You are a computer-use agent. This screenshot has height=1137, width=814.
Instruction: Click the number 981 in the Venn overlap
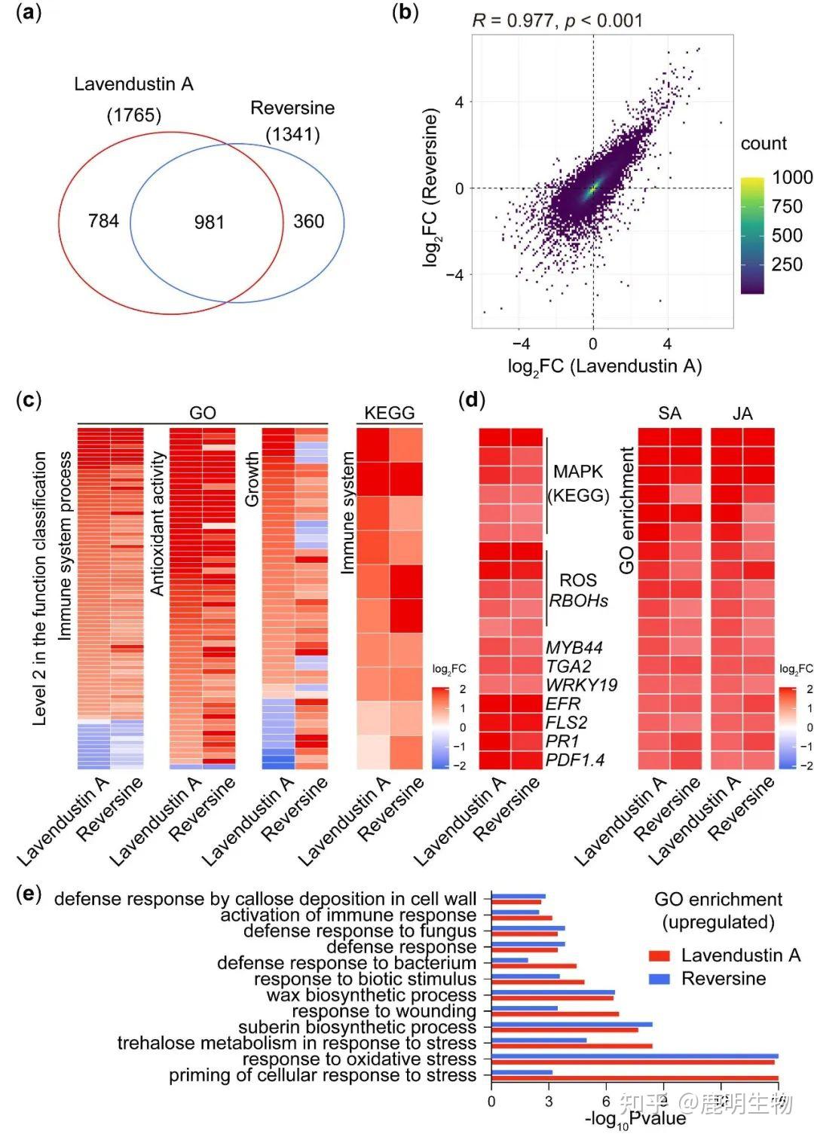point(209,222)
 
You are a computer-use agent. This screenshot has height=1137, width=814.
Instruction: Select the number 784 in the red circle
point(103,221)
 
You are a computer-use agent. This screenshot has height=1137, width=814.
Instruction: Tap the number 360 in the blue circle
point(308,221)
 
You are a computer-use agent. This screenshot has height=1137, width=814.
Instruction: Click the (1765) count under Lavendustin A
point(133,115)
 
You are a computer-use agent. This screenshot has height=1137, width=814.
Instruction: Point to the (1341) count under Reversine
point(292,135)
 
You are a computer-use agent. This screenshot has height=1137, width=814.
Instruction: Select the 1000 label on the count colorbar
point(792,177)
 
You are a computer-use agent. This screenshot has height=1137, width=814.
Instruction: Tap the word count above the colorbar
point(764,143)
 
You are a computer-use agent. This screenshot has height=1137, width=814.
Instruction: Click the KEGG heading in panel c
point(389,413)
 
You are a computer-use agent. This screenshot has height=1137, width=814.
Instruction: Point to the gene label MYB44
point(574,648)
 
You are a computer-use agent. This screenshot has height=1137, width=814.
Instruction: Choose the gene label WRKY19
point(581,685)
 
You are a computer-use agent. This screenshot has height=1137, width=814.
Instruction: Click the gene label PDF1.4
point(575,760)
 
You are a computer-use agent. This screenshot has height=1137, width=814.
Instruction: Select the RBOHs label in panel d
point(578,601)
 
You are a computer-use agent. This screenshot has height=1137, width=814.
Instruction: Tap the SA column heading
point(669,413)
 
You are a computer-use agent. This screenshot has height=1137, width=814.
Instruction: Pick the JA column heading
point(742,413)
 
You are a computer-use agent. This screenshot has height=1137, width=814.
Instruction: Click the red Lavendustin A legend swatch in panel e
point(659,956)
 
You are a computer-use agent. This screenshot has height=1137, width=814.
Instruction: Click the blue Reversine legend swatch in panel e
point(659,979)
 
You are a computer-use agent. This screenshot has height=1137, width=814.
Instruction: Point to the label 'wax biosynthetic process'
point(371,995)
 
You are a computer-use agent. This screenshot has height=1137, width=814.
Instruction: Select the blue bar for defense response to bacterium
point(510,960)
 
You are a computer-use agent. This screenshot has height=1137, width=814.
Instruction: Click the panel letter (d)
point(471,399)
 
